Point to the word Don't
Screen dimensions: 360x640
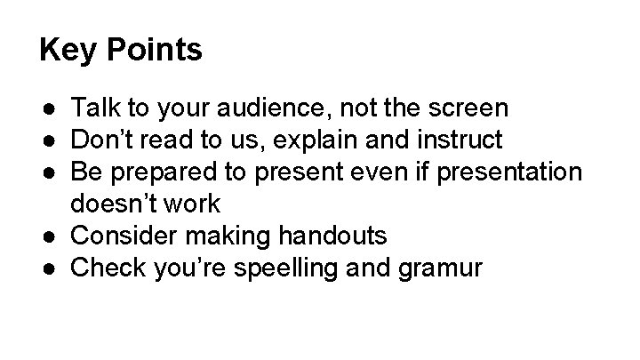click(x=100, y=140)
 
